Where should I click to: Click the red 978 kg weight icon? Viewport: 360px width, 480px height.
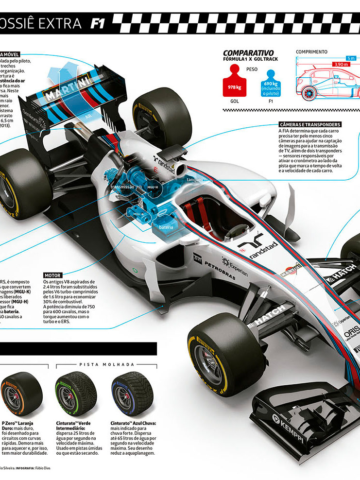(234, 84)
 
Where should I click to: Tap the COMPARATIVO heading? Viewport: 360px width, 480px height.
(248, 53)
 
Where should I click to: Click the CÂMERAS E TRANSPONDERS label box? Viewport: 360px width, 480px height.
(309, 124)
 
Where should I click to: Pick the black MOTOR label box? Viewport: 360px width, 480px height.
(52, 275)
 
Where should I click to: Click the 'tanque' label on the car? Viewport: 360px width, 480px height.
(194, 180)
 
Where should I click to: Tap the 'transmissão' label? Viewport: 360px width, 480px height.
(122, 187)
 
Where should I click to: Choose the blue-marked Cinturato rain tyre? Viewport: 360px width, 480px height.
(129, 393)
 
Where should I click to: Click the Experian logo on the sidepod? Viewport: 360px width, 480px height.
(236, 265)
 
